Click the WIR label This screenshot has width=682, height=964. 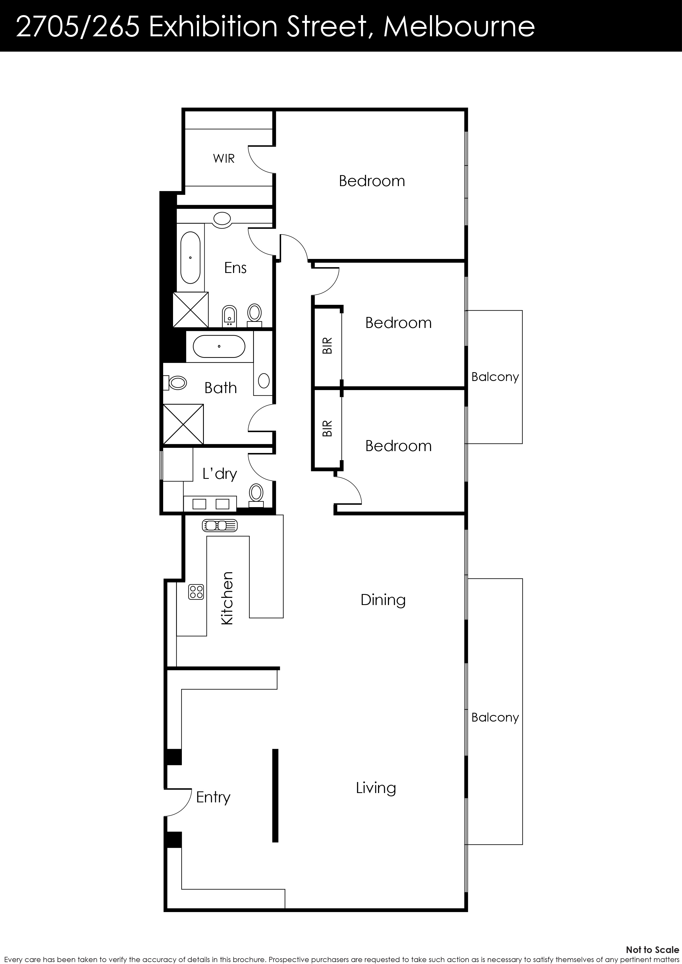(224, 159)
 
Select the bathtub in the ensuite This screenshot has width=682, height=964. (190, 257)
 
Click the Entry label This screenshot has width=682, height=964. (213, 797)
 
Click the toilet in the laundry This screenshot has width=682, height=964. (256, 493)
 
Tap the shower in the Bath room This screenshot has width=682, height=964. (183, 424)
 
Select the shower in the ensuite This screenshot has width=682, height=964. (191, 310)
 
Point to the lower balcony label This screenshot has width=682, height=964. (495, 717)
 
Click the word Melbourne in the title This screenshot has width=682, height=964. (459, 26)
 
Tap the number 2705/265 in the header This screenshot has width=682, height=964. (78, 26)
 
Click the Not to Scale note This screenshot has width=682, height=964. (652, 949)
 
